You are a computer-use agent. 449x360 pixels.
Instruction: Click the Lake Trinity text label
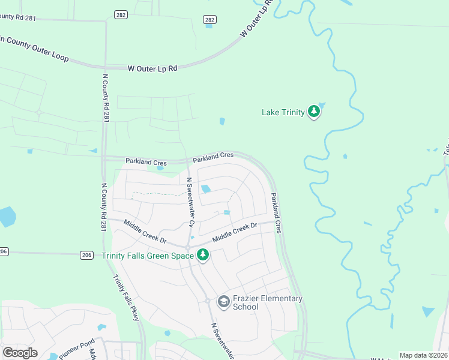pyautogui.click(x=283, y=112)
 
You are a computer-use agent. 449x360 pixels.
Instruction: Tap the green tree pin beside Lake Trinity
pyautogui.click(x=313, y=112)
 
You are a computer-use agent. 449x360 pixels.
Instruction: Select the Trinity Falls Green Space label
pyautogui.click(x=148, y=256)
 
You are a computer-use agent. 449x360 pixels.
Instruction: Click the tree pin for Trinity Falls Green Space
pyautogui.click(x=203, y=255)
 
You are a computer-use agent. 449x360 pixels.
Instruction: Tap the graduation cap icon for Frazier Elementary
pyautogui.click(x=224, y=301)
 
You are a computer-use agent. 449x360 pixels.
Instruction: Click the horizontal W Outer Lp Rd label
pyautogui.click(x=152, y=68)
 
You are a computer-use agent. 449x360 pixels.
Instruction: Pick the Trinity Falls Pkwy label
pyautogui.click(x=127, y=298)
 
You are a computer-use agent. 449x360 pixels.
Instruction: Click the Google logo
pyautogui.click(x=20, y=353)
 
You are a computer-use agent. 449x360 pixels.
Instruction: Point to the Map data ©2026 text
pyautogui.click(x=423, y=355)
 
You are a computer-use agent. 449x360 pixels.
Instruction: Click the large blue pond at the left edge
pyautogui.click(x=7, y=216)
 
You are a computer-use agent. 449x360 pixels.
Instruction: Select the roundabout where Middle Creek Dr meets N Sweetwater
pyautogui.click(x=188, y=247)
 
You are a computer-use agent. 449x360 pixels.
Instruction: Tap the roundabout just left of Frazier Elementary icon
pyautogui.click(x=208, y=301)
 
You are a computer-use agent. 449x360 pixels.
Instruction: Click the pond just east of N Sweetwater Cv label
pyautogui.click(x=206, y=189)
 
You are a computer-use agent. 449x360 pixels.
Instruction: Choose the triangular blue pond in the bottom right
pyautogui.click(x=428, y=311)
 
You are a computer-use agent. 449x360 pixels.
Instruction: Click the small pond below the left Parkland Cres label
pyautogui.click(x=160, y=168)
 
